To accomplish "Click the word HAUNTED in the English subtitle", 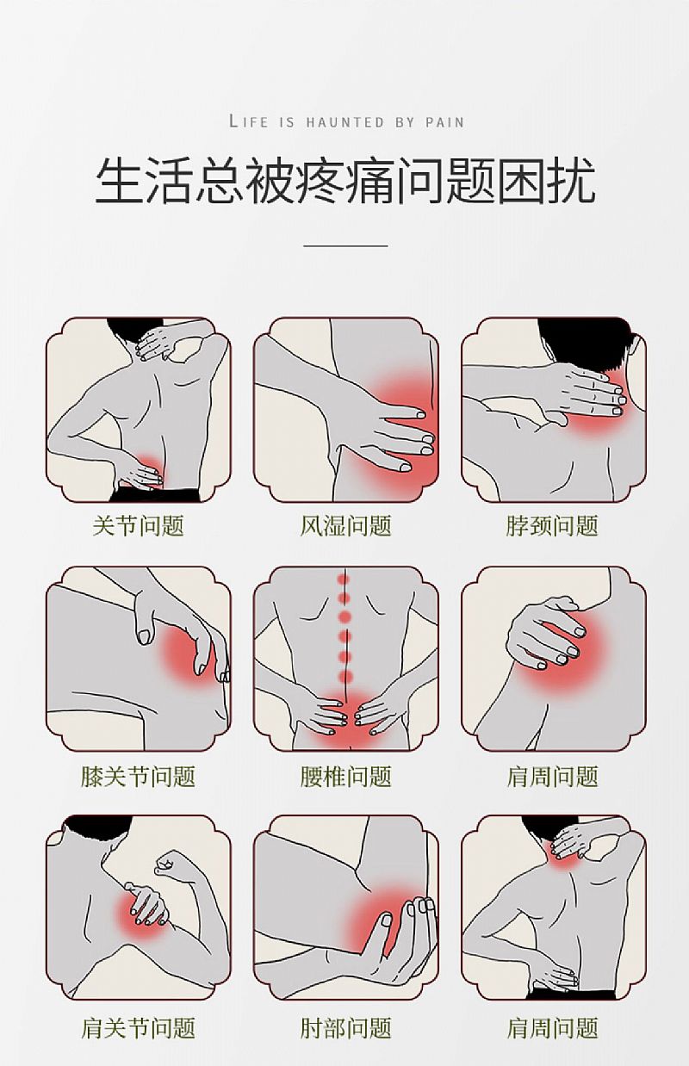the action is (344, 122).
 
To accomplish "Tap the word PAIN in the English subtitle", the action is (444, 122).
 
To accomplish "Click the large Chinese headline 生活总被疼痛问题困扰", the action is (344, 182).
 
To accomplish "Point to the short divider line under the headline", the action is (345, 246).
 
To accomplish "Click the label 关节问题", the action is (138, 526).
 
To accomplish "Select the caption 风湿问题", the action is (345, 526).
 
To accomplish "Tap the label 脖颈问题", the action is (552, 526).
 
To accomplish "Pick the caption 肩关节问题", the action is (138, 1027).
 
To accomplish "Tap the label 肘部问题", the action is (345, 1027).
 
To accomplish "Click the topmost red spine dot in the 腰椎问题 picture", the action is (344, 579).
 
